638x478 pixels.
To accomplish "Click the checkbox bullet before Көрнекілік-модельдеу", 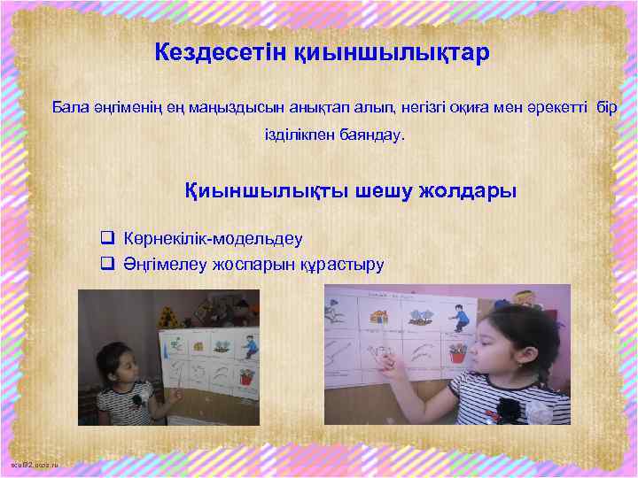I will (x=108, y=238).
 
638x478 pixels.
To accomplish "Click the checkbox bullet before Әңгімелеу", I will (x=108, y=263).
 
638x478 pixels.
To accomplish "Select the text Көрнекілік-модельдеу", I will (x=214, y=238).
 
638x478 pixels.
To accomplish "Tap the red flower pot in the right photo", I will (x=457, y=351).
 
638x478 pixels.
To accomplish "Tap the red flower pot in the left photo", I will (x=245, y=377).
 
